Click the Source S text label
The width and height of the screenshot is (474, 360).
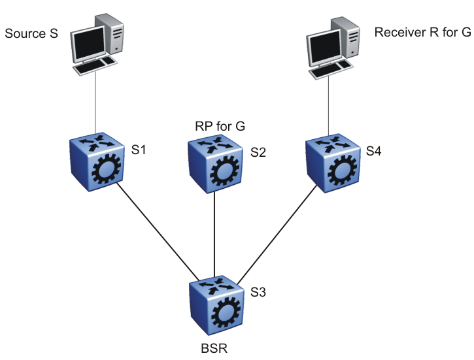[x=31, y=33]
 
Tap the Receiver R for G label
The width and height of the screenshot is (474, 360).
[x=422, y=33]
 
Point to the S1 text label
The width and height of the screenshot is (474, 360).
[x=139, y=150]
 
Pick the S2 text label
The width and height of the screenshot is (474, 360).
[x=258, y=153]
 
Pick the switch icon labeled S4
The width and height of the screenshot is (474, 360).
[x=332, y=163]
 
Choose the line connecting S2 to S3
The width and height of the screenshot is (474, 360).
[x=215, y=235]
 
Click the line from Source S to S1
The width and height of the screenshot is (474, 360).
[x=96, y=105]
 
